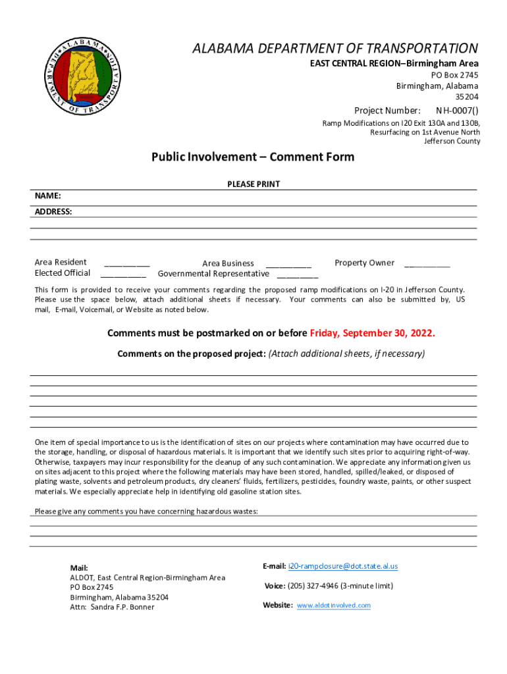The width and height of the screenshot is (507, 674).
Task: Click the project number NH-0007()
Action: [457, 110]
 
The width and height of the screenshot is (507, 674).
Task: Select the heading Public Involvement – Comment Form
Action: [253, 157]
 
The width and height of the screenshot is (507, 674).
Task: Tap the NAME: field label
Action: [48, 196]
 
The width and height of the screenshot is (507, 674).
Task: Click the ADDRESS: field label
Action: [53, 212]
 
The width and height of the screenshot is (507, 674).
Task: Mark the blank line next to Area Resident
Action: [126, 263]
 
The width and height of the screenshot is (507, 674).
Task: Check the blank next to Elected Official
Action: [124, 274]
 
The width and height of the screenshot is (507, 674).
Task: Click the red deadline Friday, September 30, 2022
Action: [372, 332]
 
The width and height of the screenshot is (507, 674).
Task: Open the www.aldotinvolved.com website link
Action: [334, 606]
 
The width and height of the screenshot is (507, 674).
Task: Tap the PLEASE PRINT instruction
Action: [254, 184]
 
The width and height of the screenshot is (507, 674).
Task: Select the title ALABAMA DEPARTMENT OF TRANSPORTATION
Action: [334, 49]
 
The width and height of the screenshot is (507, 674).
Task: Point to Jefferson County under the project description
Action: [452, 141]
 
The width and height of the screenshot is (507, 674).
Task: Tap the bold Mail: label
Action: [79, 568]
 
